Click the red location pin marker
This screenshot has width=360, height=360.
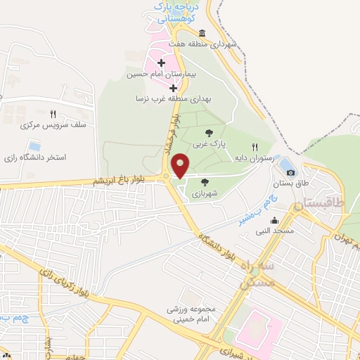pos(180,165)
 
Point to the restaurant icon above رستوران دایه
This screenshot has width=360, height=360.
pos(244,146)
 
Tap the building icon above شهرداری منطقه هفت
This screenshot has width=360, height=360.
pos(202,34)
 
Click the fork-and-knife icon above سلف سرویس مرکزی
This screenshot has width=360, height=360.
pos(53,113)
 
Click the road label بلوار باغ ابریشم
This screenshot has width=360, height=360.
pos(120,181)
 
